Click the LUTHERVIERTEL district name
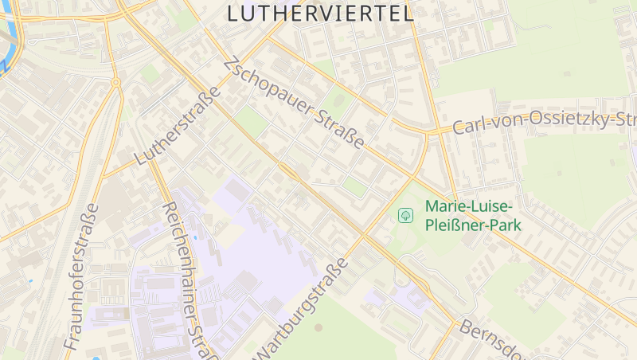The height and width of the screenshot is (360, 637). click(x=320, y=14)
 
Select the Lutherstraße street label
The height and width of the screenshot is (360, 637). click(x=177, y=127)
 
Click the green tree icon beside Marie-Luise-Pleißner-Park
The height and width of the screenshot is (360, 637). click(x=405, y=215)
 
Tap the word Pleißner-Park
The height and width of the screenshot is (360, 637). click(x=473, y=225)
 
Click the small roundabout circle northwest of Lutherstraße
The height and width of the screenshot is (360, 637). click(x=115, y=82)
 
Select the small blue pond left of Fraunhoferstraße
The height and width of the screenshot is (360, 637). click(x=30, y=280)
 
